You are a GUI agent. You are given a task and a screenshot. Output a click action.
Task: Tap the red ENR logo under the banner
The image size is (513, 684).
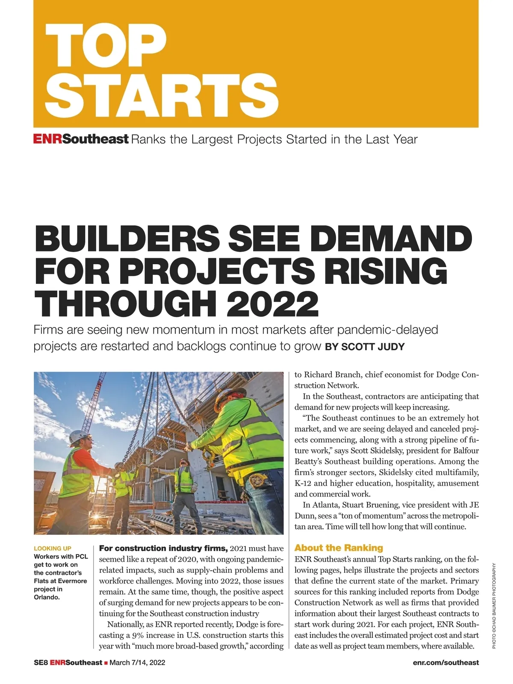[47, 139]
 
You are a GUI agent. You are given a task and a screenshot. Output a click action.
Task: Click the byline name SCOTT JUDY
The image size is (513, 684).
[372, 347]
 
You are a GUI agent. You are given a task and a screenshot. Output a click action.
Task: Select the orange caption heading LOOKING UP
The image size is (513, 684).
[53, 548]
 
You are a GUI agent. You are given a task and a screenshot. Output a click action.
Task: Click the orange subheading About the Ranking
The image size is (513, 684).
[339, 548]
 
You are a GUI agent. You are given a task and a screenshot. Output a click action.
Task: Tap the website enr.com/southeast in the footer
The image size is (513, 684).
[446, 662]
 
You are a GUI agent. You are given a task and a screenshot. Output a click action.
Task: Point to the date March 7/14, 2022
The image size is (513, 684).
[137, 662]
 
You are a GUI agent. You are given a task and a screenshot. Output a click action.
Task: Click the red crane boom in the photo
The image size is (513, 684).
[100, 394]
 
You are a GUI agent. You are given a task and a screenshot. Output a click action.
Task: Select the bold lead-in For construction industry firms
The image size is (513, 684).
[163, 548]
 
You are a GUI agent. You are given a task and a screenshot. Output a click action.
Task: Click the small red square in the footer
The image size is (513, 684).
[106, 663]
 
